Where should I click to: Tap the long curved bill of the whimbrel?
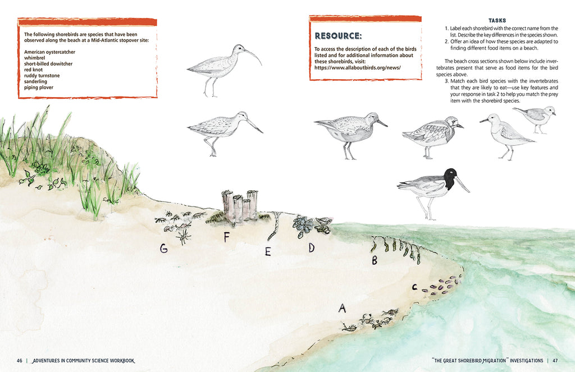point(254,55)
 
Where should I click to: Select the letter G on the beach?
point(163,249)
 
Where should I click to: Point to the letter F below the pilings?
point(226,237)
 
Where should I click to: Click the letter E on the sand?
point(268,251)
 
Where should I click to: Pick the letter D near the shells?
point(311,248)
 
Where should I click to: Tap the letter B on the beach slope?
point(375,260)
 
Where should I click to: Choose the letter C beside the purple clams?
point(414,287)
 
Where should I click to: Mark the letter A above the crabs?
point(342,308)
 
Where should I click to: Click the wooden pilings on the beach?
point(240,206)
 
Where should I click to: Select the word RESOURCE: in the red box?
point(338,36)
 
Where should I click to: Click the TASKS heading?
point(498,21)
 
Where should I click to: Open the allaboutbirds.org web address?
point(358,68)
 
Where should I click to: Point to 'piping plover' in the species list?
point(39,88)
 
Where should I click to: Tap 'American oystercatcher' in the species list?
point(49,52)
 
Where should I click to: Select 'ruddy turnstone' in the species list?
point(42,76)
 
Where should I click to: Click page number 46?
point(20,361)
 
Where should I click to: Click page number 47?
point(555,361)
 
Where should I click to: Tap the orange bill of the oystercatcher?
point(463,185)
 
